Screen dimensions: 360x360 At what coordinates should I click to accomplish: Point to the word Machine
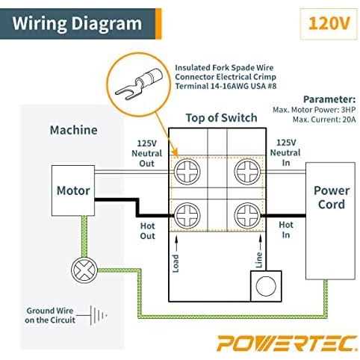tap(73, 130)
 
